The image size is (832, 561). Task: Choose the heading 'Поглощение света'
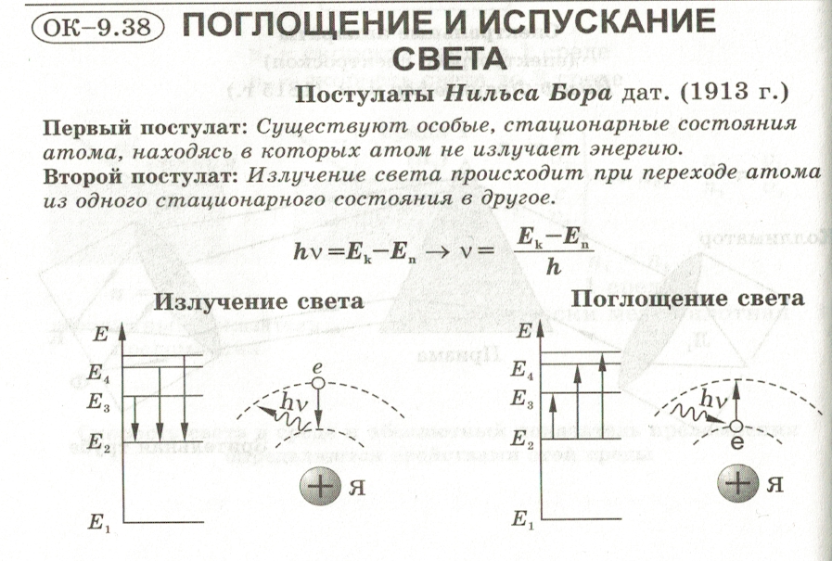[686, 299]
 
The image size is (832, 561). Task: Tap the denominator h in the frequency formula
[554, 266]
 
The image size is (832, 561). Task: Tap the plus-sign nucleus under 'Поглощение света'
[738, 483]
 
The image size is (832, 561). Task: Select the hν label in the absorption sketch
[713, 399]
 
